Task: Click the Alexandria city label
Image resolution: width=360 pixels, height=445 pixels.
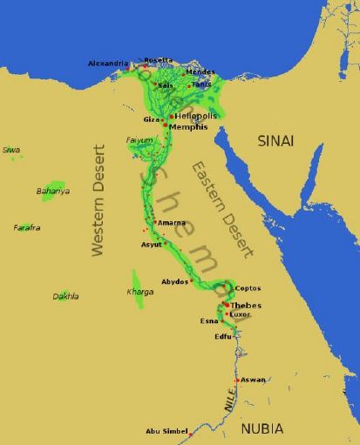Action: click(x=108, y=64)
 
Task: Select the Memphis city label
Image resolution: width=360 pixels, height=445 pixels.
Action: click(x=189, y=127)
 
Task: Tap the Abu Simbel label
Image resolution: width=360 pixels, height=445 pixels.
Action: click(x=165, y=431)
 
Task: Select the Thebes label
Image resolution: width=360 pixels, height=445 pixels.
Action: click(x=245, y=306)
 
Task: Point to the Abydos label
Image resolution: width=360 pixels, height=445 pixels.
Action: click(x=174, y=282)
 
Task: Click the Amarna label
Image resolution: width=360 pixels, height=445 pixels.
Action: click(x=171, y=223)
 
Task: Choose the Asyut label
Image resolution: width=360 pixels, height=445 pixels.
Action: click(x=152, y=245)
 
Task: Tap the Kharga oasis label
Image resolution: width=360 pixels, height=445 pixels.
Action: click(x=140, y=292)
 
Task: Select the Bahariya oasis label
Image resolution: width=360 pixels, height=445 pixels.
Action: click(x=52, y=191)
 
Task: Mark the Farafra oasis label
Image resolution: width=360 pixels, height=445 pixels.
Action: click(x=27, y=227)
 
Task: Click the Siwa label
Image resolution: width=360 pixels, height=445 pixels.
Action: click(x=11, y=150)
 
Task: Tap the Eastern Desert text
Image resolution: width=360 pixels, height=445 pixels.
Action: click(x=223, y=209)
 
